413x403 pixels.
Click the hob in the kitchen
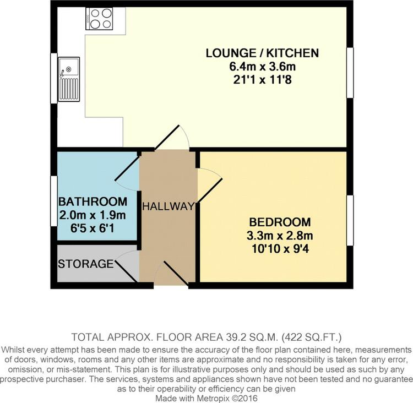[99, 18]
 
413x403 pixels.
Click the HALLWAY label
[169, 206]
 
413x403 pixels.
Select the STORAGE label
[85, 264]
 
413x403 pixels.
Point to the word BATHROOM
[93, 201]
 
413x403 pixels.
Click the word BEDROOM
[280, 222]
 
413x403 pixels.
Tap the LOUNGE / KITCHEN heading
[262, 53]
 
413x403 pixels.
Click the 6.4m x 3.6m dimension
[262, 67]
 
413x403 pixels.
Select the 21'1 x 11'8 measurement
[262, 79]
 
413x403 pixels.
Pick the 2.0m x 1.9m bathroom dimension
[93, 215]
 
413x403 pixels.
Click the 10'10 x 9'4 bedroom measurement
[280, 249]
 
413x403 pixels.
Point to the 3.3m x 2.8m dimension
[280, 236]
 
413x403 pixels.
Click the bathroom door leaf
[127, 168]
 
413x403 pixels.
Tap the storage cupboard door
[126, 271]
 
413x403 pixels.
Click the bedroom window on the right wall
[350, 220]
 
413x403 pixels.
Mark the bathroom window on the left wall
[54, 201]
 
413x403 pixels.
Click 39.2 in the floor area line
[232, 337]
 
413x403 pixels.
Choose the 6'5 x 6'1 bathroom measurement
[93, 228]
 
